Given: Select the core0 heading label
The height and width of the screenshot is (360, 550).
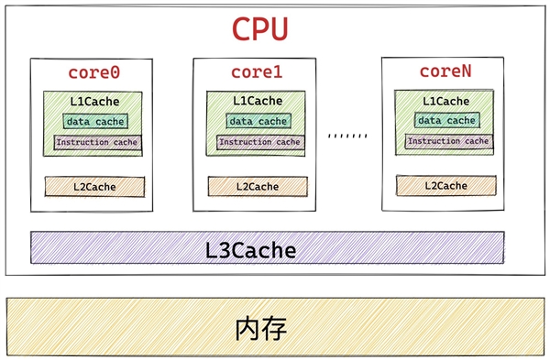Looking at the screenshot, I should [x=94, y=72].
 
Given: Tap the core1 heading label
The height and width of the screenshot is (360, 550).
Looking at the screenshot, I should [x=258, y=72].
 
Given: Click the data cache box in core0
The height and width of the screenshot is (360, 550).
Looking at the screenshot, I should [x=94, y=121].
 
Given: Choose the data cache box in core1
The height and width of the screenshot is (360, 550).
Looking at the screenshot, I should [x=258, y=121].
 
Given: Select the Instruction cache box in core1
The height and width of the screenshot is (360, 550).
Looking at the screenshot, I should [x=258, y=142].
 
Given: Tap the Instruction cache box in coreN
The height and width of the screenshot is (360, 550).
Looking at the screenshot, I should [x=447, y=141].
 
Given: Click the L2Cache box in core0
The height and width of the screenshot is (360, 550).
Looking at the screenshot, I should [x=94, y=186].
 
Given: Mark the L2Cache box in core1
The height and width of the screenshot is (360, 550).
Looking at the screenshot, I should [x=257, y=186].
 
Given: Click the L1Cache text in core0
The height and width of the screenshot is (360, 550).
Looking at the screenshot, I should [x=94, y=100].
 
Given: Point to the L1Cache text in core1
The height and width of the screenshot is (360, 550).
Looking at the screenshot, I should [x=258, y=101].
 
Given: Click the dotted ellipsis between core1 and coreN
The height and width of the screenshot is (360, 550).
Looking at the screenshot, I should [x=347, y=135].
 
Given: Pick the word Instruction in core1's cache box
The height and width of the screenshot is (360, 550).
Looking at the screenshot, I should [x=244, y=142].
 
